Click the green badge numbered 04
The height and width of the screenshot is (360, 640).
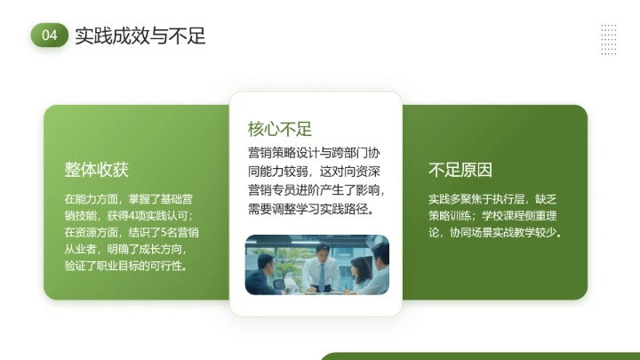(x=49, y=36)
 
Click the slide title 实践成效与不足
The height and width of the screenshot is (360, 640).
(x=140, y=36)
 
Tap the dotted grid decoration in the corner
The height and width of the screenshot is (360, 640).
(x=609, y=39)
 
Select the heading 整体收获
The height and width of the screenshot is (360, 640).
(x=96, y=170)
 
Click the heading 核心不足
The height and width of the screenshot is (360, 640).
(x=279, y=129)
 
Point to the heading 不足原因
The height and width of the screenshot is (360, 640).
(x=460, y=170)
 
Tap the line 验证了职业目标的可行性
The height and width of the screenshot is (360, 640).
(x=125, y=266)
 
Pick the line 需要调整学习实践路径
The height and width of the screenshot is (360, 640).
(x=310, y=210)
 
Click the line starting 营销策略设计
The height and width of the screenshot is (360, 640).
(x=316, y=151)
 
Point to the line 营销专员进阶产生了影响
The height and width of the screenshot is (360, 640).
(x=316, y=190)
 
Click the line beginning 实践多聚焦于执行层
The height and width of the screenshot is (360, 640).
(x=493, y=198)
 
